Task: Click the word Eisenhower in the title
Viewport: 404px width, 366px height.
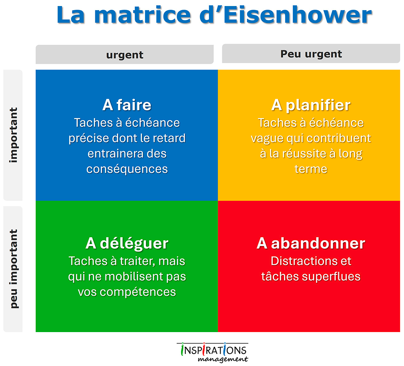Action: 298,15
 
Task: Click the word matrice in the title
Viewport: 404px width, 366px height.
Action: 143,15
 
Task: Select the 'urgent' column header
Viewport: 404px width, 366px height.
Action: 125,54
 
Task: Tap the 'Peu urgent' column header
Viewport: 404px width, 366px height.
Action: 311,54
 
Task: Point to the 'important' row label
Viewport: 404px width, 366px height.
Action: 13,135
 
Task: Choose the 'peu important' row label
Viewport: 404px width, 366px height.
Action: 13,269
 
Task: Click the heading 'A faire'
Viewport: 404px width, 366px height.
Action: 127,105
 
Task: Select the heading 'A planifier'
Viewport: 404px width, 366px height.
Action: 311,105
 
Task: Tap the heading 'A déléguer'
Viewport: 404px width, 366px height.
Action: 127,243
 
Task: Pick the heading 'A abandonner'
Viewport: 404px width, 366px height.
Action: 311,243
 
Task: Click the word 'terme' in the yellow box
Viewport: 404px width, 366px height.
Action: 311,169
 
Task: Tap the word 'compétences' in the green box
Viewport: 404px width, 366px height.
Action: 138,292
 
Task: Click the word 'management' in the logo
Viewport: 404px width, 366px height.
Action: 223,359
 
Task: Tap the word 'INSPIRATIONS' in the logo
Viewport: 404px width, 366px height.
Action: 214,349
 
